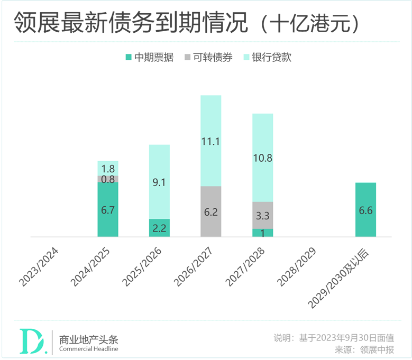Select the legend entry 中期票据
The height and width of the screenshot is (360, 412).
pyautogui.click(x=149, y=58)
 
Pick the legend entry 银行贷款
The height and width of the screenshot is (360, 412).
pyautogui.click(x=268, y=58)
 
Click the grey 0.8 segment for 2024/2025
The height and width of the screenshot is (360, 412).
pyautogui.click(x=108, y=179)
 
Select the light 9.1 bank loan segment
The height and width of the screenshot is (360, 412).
pyautogui.click(x=159, y=182)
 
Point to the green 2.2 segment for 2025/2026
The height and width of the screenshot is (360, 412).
pyautogui.click(x=159, y=228)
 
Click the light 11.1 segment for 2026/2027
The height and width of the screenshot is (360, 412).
pyautogui.click(x=211, y=141)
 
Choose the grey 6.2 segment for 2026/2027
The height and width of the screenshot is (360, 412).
pyautogui.click(x=211, y=211)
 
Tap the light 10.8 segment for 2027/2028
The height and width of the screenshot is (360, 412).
pyautogui.click(x=263, y=158)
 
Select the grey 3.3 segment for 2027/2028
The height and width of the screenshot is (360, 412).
pyautogui.click(x=263, y=215)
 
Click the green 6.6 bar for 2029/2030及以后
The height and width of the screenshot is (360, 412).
pyautogui.click(x=365, y=210)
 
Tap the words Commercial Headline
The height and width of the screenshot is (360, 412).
pyautogui.click(x=88, y=349)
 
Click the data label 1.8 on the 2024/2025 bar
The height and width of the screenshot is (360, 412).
pyautogui.click(x=108, y=169)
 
